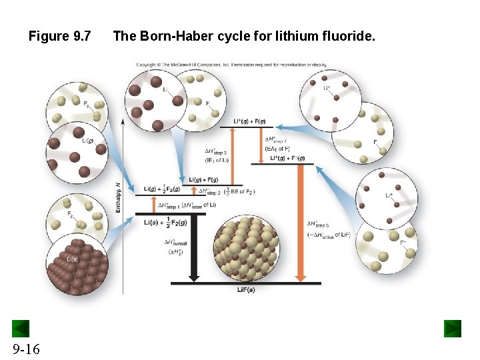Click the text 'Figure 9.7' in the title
point(59,36)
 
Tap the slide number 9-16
point(25,349)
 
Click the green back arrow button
point(21,329)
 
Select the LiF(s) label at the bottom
point(245,289)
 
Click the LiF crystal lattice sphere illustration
point(249,247)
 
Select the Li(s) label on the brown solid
point(73,259)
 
